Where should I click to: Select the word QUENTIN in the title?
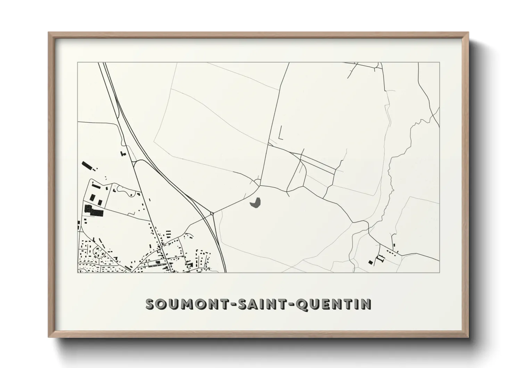tap(336, 304)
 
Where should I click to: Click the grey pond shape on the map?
tap(256, 203)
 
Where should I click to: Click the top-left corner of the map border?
tap(78, 63)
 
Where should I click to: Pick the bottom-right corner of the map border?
tap(439, 272)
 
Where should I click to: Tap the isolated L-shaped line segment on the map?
tap(280, 134)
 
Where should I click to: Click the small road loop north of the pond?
tap(257, 182)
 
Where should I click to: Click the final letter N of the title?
tap(366, 304)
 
